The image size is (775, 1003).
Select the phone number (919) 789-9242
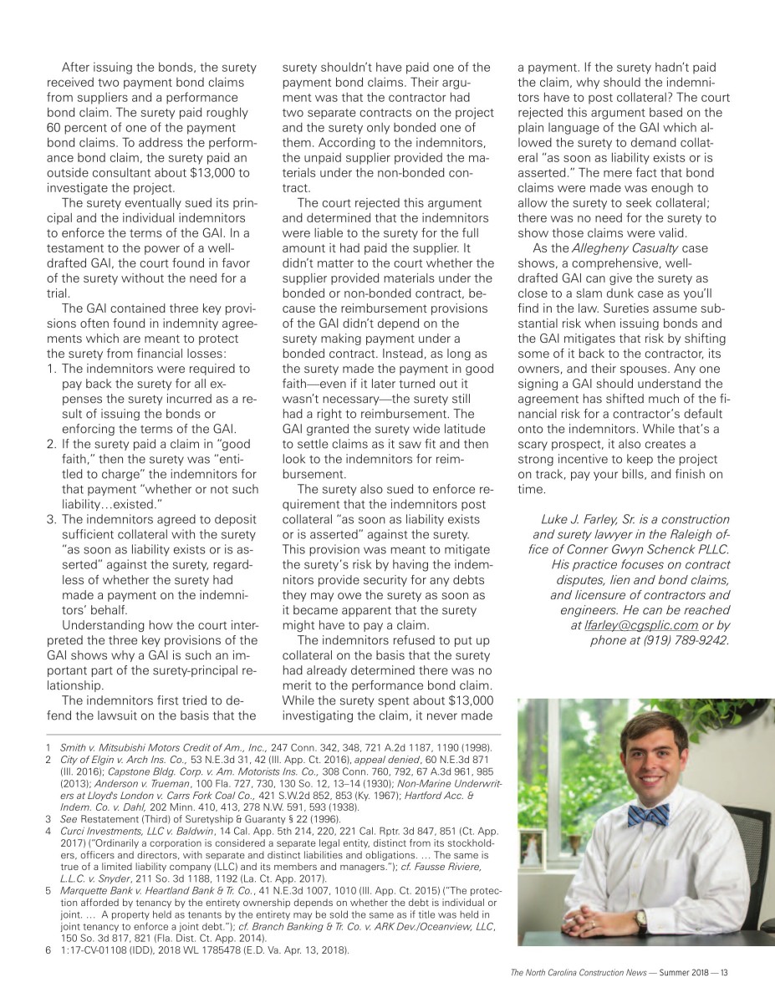[681, 640]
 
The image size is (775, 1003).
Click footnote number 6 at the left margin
[49, 950]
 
